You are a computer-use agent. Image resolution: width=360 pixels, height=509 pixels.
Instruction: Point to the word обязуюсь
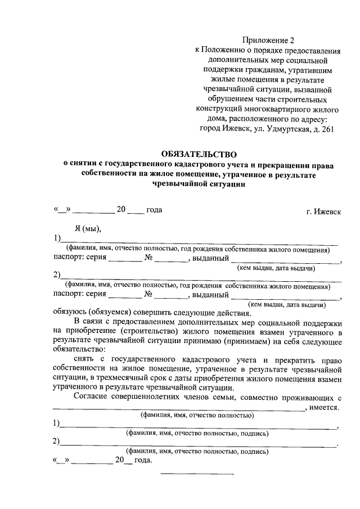click(x=71, y=313)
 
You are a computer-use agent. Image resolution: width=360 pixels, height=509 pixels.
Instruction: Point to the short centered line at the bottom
click(x=197, y=473)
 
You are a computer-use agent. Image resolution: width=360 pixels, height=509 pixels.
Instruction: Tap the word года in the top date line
click(x=154, y=210)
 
